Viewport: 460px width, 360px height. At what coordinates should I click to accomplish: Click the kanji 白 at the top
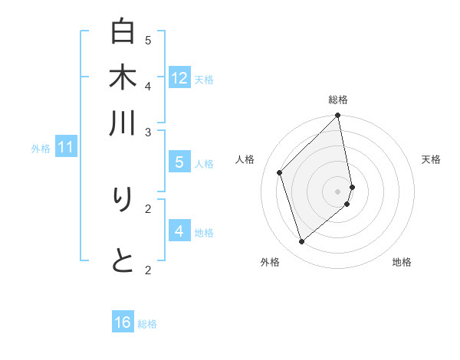click(x=123, y=32)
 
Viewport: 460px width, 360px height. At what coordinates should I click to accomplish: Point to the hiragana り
click(x=123, y=200)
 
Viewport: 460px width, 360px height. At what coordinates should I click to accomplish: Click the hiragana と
click(x=123, y=262)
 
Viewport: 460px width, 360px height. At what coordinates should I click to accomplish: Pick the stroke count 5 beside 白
click(x=148, y=40)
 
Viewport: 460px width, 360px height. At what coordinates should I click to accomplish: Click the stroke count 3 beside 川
click(x=148, y=133)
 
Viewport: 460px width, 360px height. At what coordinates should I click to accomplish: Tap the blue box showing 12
click(x=179, y=77)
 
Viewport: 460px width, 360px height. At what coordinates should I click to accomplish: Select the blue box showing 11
click(x=66, y=147)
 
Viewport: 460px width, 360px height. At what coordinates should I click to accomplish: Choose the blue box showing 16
click(x=123, y=322)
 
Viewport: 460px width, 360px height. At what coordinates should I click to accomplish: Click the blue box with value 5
click(x=179, y=162)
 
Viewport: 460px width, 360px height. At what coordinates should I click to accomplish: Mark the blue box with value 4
click(x=179, y=231)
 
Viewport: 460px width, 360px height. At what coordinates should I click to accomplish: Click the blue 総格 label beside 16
click(x=147, y=324)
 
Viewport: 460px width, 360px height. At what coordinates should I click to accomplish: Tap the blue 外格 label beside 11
click(x=41, y=149)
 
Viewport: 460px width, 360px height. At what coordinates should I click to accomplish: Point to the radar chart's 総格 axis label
click(x=338, y=100)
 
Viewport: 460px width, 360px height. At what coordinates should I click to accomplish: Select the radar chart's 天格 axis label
click(x=432, y=159)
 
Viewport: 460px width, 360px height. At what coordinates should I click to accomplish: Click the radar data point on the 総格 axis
click(x=338, y=116)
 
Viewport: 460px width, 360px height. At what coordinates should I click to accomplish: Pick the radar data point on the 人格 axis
click(x=280, y=172)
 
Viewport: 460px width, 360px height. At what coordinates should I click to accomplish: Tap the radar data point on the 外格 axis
click(x=302, y=242)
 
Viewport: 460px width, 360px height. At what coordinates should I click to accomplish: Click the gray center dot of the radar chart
click(x=338, y=191)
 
